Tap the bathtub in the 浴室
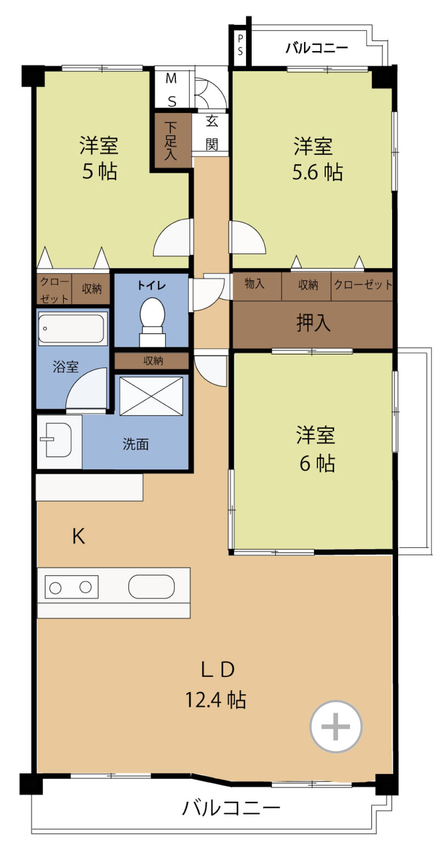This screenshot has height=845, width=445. (71, 328)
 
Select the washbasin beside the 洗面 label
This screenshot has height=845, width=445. (57, 440)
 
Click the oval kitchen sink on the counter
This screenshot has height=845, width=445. (152, 587)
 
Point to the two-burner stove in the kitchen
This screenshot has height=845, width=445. (72, 587)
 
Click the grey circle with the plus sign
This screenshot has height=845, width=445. (336, 726)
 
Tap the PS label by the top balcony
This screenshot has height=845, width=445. (240, 45)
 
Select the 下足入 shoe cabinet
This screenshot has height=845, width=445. (171, 141)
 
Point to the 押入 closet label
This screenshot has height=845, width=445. (313, 322)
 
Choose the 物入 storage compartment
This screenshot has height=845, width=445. (257, 286)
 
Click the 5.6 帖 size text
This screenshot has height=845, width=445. (317, 172)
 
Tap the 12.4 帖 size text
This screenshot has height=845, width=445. (215, 700)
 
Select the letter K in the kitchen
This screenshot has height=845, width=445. (79, 536)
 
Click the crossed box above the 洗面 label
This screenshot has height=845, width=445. (151, 396)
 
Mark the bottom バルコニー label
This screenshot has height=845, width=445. (231, 808)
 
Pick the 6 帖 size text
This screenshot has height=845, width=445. (317, 463)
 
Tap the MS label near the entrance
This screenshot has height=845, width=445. (171, 90)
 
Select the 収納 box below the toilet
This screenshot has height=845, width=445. (152, 361)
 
